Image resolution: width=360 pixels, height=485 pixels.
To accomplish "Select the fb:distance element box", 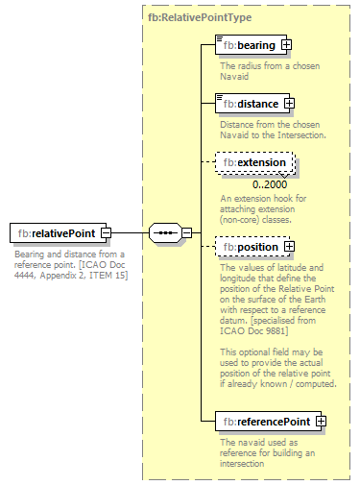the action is pos(248,104).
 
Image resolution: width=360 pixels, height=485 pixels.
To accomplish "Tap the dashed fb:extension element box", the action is pos(253,162).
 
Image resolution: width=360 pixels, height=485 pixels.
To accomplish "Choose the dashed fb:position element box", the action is pos(247,247).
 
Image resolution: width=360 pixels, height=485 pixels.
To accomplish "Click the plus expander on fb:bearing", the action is pos(286,45).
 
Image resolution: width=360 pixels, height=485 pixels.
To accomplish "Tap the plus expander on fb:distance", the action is pos(289,104).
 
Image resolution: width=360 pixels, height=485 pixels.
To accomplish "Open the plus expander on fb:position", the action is pos(286,247).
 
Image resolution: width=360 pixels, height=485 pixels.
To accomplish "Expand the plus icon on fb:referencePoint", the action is pos(321,422).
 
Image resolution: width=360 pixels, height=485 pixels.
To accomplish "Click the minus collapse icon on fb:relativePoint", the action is pos(106,232).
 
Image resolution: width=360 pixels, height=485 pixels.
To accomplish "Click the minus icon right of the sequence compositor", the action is pos(187,232).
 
